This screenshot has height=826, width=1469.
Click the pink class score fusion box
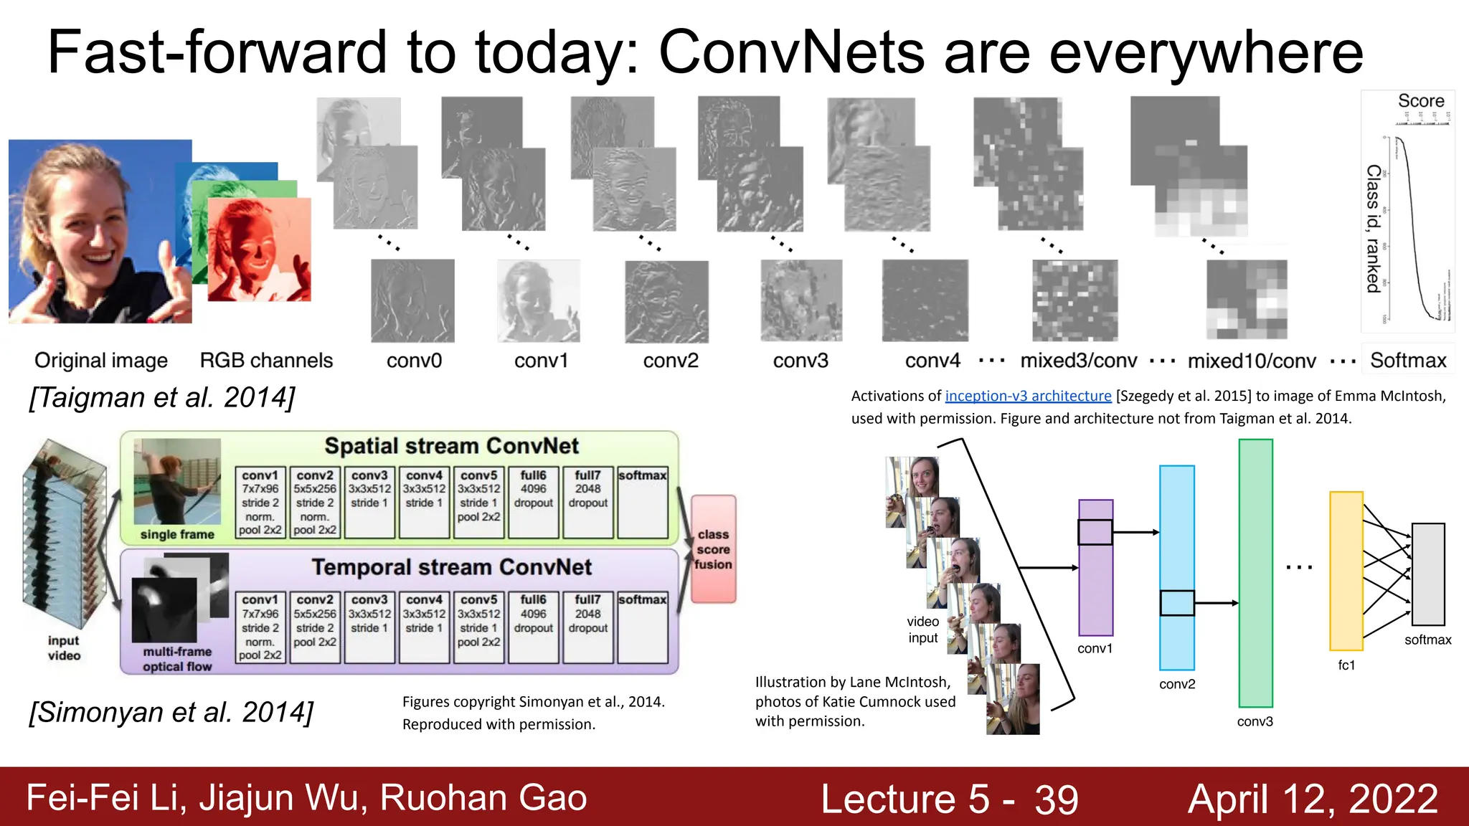[x=713, y=549]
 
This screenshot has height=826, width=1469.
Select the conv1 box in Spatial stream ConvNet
[x=260, y=503]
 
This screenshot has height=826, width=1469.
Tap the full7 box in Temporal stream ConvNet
[x=587, y=627]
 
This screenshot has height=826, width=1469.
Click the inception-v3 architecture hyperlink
[x=1028, y=396]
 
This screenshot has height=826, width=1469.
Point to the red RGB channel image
[x=260, y=250]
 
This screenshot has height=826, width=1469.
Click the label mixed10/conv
[x=1252, y=361]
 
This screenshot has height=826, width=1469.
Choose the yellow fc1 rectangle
[x=1346, y=571]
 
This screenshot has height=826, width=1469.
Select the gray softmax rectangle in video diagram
[x=1428, y=574]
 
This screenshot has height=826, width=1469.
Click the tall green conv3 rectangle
[x=1255, y=573]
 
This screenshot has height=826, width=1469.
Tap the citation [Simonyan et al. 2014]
[x=171, y=712]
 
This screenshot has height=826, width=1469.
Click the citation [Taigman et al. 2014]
[x=162, y=397]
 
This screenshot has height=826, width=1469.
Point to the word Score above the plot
[x=1420, y=101]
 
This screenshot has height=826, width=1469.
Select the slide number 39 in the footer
[x=1056, y=799]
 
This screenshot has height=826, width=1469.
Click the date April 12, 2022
[x=1313, y=799]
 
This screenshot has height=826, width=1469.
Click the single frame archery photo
[x=177, y=482]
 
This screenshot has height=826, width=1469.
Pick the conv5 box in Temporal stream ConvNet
[x=479, y=627]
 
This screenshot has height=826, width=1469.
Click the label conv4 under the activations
[x=932, y=361]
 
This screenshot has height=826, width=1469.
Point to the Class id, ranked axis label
[x=1373, y=229]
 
